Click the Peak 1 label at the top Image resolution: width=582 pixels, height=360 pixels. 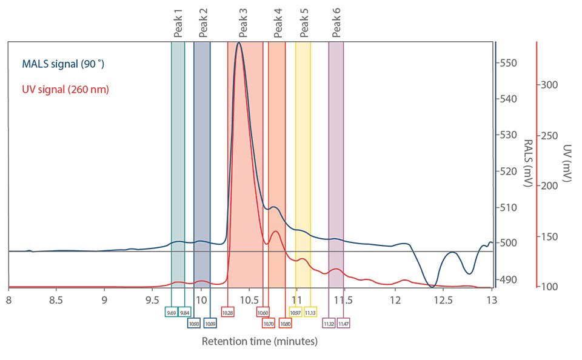tap(178, 25)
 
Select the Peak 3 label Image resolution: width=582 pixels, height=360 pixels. tap(243, 25)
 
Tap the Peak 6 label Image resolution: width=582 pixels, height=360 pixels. tap(336, 25)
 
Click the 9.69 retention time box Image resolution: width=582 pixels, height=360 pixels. tap(172, 312)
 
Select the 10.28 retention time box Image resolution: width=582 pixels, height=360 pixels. tap(227, 312)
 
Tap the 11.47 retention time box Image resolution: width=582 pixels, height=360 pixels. tap(343, 323)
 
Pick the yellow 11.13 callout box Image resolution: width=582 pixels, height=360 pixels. tap(310, 312)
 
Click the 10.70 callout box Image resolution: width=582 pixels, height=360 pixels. tap(269, 323)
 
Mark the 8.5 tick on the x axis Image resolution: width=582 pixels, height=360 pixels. tap(56, 300)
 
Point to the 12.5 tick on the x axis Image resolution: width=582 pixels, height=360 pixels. tap(443, 300)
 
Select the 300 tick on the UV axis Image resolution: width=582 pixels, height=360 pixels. tap(550, 85)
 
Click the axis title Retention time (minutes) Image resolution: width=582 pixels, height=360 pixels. tap(259, 342)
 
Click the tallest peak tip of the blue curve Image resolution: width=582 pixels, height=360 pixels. tap(239, 42)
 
